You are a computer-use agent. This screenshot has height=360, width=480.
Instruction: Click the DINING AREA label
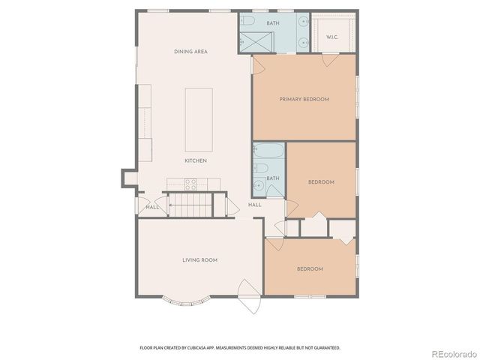coord(190,52)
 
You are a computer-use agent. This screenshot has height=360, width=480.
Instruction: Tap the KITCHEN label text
coord(196,161)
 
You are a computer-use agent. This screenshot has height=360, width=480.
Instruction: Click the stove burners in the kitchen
coord(190,182)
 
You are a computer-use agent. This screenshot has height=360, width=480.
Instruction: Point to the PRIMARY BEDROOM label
coord(304,99)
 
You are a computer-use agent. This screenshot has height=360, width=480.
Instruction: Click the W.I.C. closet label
coord(332,37)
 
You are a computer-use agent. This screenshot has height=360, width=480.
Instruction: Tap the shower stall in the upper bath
coord(254,42)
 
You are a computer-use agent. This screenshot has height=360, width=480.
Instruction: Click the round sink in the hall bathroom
coord(259,184)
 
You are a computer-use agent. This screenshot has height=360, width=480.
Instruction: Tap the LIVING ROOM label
coord(199,260)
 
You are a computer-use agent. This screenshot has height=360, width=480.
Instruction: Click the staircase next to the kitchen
coord(189,204)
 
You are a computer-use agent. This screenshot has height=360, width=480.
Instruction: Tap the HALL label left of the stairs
coord(152,207)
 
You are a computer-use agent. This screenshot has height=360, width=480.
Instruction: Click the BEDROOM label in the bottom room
coord(310,269)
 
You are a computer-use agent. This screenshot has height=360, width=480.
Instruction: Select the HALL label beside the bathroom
coord(255,205)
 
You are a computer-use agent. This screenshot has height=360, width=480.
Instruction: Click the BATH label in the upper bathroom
coord(273,23)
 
